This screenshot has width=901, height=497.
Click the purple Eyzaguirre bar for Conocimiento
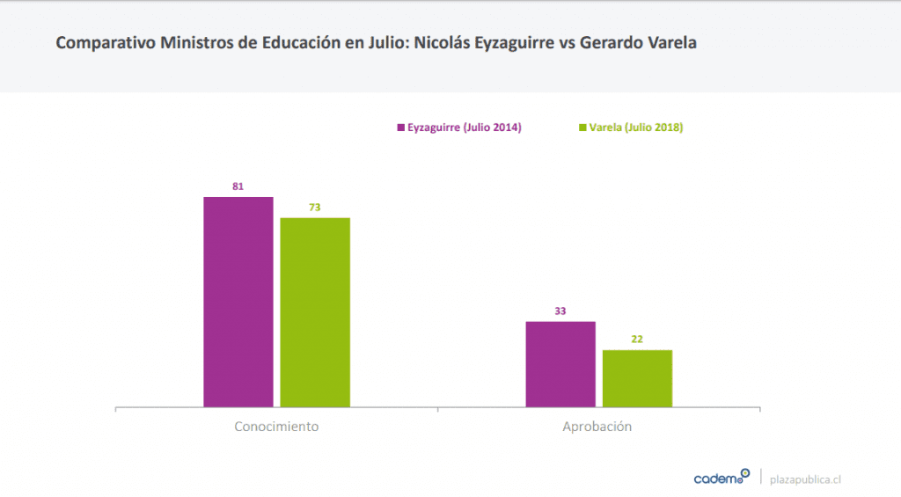238,302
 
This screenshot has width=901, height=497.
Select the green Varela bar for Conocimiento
315,312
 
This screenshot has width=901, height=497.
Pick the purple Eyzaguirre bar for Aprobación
560,364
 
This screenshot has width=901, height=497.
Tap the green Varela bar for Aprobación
637,378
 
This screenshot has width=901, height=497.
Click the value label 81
238,186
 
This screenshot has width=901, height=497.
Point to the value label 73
314,208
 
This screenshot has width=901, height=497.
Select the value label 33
560,311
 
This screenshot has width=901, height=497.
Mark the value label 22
636,340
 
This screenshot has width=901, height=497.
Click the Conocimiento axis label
276,427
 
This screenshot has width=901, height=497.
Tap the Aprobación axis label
597,427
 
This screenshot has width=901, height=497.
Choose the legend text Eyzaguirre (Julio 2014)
465,128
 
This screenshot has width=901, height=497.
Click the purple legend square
400,128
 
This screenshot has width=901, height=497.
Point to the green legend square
582,128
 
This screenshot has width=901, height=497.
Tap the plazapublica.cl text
805,479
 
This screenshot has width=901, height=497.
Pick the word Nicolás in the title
447,42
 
